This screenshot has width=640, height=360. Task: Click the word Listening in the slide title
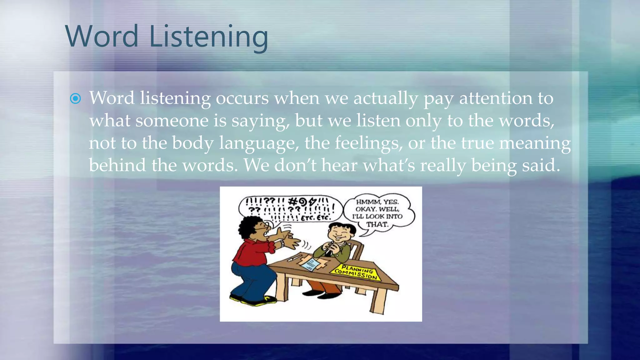209,37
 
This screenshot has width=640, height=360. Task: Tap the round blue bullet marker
75,99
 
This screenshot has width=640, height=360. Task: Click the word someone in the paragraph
172,121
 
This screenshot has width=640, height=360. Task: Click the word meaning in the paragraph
535,143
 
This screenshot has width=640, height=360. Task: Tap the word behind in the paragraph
117,165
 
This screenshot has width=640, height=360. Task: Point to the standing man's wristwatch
282,243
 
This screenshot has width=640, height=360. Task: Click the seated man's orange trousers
323,286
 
